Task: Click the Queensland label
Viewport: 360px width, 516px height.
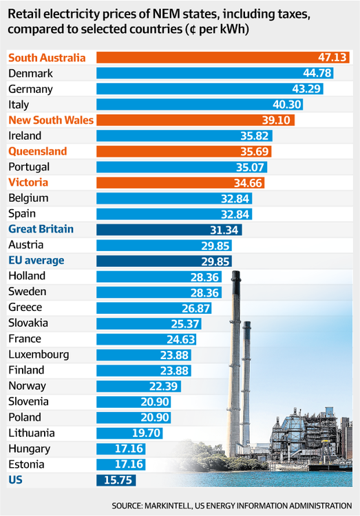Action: (37, 151)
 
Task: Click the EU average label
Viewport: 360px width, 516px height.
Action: (36, 260)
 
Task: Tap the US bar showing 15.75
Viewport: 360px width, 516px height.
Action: (116, 480)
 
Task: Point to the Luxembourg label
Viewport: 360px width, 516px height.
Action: (38, 354)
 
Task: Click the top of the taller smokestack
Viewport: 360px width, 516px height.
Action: (235, 274)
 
